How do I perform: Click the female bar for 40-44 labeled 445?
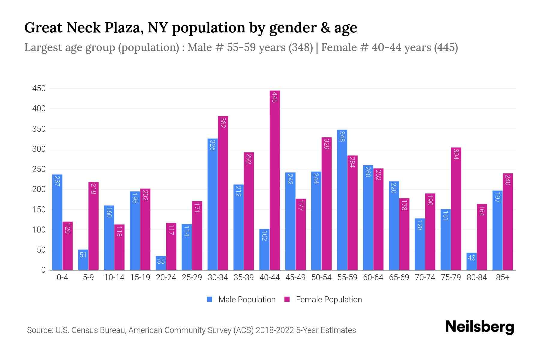[275, 180]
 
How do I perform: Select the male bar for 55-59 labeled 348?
[342, 200]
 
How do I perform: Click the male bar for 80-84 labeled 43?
[471, 261]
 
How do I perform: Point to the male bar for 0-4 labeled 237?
[57, 222]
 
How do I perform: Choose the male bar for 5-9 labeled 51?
[83, 259]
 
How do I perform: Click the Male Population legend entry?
[241, 300]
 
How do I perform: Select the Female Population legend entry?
[323, 300]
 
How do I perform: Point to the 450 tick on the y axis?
[39, 88]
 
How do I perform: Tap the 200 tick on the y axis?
[39, 189]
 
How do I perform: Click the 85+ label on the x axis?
[502, 277]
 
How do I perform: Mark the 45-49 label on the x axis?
[295, 277]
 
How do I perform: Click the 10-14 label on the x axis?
[114, 277]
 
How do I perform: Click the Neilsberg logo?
[479, 327]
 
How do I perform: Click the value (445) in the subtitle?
[446, 47]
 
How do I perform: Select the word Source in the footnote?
[39, 330]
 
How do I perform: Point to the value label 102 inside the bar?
[264, 236]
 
